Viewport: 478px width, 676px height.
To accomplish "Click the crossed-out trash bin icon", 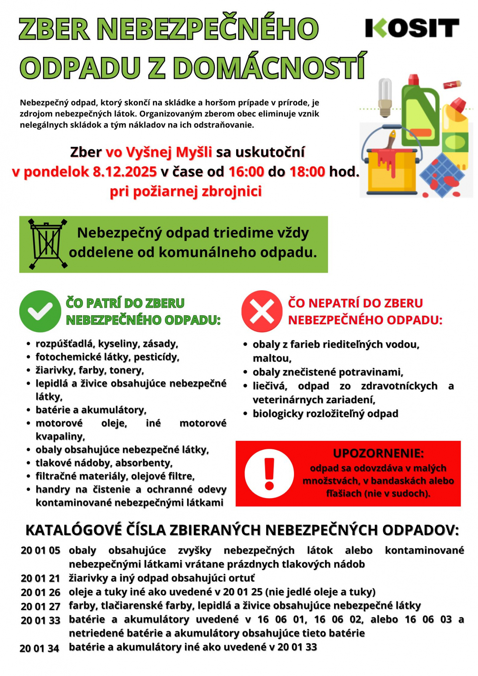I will (x=47, y=244).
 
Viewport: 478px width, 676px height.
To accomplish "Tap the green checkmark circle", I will (x=40, y=311).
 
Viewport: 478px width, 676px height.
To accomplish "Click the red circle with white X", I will (x=262, y=311).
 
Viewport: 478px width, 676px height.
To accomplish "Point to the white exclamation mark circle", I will (x=269, y=473).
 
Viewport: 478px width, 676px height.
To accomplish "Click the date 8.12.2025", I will (x=124, y=172).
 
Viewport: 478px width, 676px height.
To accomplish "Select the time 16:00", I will (x=246, y=172).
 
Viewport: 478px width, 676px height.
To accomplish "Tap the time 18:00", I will (x=307, y=172).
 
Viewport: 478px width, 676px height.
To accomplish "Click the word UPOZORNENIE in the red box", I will (x=378, y=453).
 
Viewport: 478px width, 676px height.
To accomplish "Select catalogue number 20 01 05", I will (x=40, y=550).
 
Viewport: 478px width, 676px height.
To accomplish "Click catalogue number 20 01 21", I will (x=40, y=578).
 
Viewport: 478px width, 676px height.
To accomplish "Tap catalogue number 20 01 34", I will (x=39, y=648).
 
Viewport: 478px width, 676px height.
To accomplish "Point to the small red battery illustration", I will (x=452, y=84).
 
